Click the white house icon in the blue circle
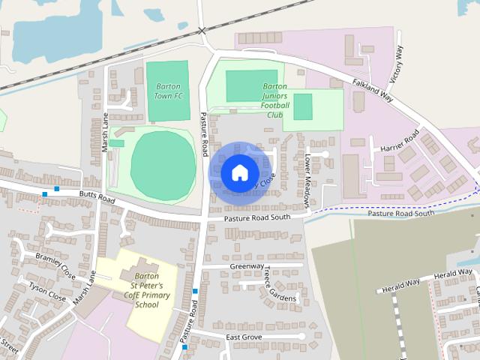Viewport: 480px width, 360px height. (x=239, y=172)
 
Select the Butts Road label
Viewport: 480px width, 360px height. (x=97, y=197)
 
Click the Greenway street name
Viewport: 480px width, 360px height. (x=247, y=265)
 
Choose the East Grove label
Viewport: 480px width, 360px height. (x=243, y=337)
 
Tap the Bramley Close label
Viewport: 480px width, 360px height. (x=55, y=263)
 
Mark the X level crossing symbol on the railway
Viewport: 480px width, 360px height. (x=202, y=30)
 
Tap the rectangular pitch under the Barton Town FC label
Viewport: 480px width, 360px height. (x=167, y=105)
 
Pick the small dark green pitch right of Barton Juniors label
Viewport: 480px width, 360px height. (x=303, y=106)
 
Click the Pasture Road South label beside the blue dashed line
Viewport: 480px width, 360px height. (x=400, y=213)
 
